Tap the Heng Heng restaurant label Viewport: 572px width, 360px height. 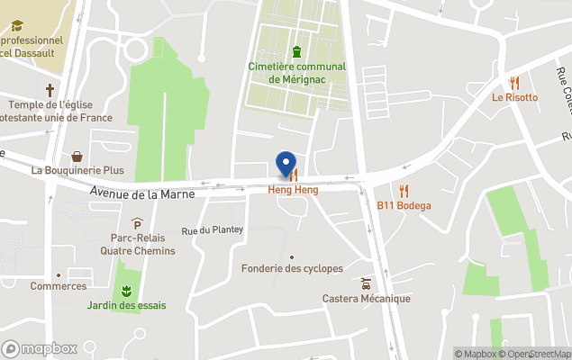coord(293,190)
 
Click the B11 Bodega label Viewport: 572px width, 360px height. coord(404,205)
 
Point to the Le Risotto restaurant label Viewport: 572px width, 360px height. coord(514,97)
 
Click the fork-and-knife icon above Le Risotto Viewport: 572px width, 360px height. coord(514,83)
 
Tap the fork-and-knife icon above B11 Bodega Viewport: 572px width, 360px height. coord(404,191)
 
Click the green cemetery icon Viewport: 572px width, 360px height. coord(296,50)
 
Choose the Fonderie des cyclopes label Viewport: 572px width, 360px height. coord(292,268)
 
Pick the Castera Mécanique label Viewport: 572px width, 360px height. coord(366,299)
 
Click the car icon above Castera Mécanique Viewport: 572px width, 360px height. coord(366,283)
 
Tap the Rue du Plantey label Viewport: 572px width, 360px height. coord(213,229)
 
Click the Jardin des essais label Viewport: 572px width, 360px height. coord(126,305)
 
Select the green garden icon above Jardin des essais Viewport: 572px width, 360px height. coord(127,290)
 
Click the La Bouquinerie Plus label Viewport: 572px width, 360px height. coord(77,169)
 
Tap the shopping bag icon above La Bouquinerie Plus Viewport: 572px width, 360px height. coord(77,156)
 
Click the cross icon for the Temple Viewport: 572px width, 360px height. coord(51,90)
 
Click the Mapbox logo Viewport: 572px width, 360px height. coord(40,348)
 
